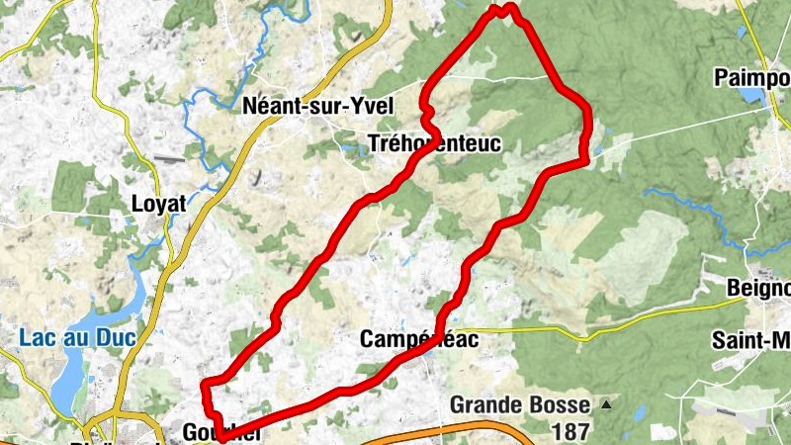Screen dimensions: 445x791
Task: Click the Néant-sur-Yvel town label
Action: pos(317,107)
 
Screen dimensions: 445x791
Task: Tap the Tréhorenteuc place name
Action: pos(434,143)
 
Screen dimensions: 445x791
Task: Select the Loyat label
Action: pos(159,204)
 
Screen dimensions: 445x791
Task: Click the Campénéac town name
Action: pos(418,339)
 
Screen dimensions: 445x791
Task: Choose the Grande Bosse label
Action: pos(520,404)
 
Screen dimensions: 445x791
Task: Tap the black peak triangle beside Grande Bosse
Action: pos(605,404)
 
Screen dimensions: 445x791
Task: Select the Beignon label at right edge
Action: pos(758,288)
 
